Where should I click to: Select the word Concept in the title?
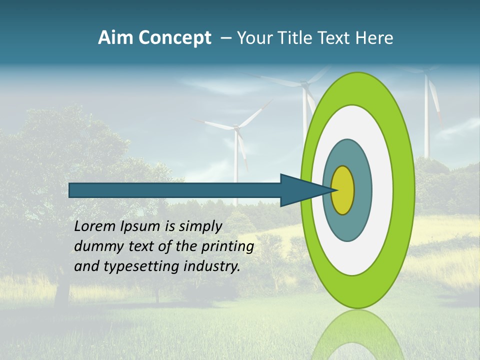[174, 38]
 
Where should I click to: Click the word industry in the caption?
[212, 266]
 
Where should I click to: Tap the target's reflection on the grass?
[357, 335]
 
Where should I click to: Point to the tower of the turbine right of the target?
[426, 125]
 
